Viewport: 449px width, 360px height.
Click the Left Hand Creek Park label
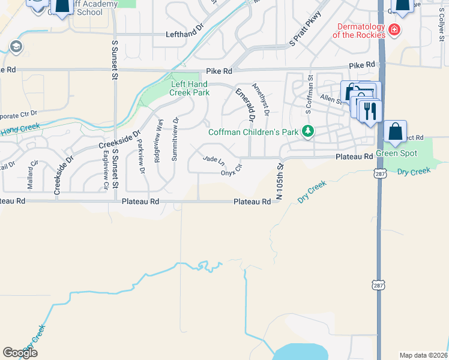click(x=190, y=88)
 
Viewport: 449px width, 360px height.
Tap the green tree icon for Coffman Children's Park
click(x=308, y=131)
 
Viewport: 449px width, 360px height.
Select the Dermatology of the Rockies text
click(x=360, y=31)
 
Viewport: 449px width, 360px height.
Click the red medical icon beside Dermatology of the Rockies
click(x=394, y=30)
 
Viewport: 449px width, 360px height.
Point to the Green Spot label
click(x=396, y=154)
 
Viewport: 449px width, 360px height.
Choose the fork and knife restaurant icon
click(x=370, y=111)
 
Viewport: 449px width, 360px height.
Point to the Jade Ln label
click(x=214, y=160)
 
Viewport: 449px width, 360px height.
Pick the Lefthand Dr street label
click(x=185, y=35)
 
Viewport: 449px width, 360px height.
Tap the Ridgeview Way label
click(x=158, y=145)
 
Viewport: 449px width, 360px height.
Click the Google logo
click(x=20, y=353)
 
